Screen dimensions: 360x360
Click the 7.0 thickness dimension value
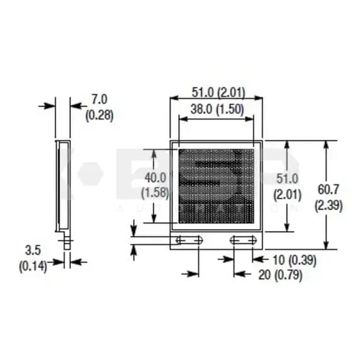pos(99,99)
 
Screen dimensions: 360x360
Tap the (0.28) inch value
pos(99,115)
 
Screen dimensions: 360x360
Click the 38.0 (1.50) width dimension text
pos(217,109)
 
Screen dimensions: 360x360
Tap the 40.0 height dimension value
pos(155,177)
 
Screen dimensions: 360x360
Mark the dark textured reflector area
pos(216,186)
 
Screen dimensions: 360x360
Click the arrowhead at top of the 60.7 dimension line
pos(326,145)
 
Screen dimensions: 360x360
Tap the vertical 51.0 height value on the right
pos(287,179)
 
